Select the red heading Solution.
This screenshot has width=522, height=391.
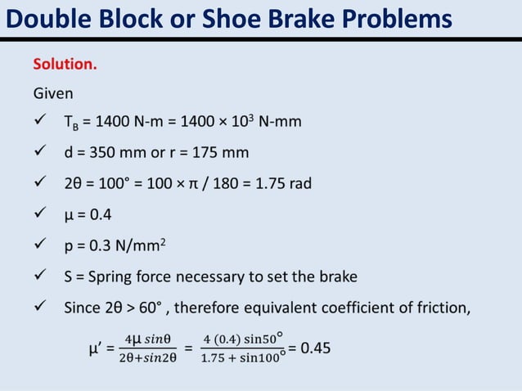click(x=65, y=64)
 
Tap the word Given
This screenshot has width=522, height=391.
click(x=53, y=92)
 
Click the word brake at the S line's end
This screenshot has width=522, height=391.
click(x=338, y=276)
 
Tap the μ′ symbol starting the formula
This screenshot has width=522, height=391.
click(x=95, y=349)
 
